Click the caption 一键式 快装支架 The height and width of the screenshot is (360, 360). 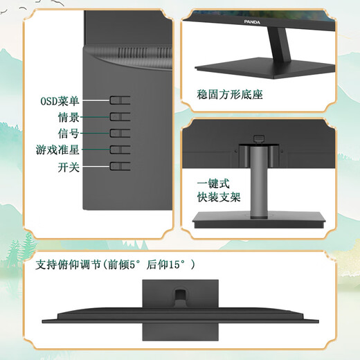coord(219,190)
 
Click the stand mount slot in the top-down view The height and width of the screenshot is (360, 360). coord(180,295)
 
